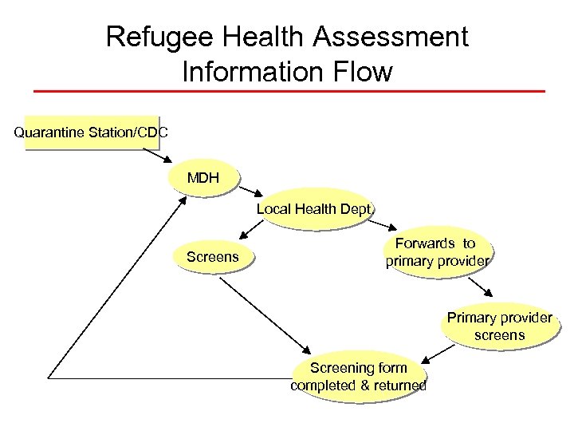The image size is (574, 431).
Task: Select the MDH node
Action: (203, 177)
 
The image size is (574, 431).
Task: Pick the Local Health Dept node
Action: (313, 210)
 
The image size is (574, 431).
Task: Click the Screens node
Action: (212, 257)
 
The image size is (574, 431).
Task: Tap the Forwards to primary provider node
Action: (435, 251)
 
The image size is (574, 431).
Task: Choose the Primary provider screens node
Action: (499, 326)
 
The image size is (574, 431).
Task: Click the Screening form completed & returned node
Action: (358, 376)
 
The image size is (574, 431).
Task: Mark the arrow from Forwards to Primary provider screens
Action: (482, 286)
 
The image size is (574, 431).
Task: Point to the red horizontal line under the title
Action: (287, 91)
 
